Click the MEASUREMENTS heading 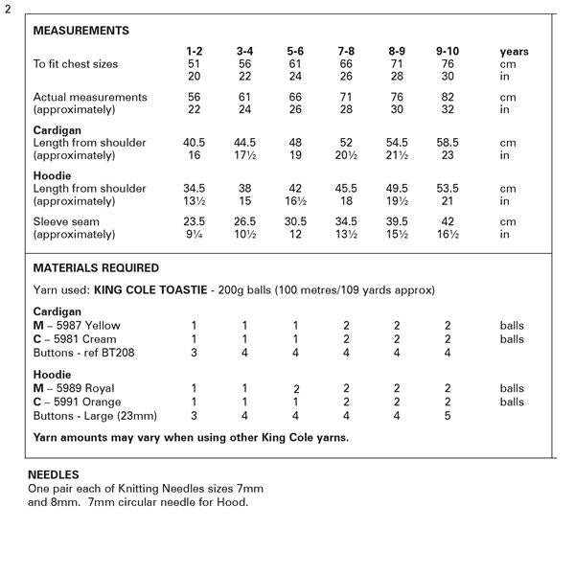tap(80, 31)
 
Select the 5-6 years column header tap(297, 51)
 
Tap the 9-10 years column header tap(447, 51)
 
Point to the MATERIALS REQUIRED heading tap(96, 268)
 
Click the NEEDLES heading tap(53, 474)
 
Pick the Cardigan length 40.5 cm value tap(195, 143)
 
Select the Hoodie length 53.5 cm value tap(447, 189)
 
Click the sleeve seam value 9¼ tap(194, 234)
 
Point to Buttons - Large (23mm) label tap(95, 416)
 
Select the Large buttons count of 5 tap(447, 416)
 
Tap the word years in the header tap(514, 51)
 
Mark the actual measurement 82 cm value tap(447, 97)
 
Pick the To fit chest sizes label tap(76, 64)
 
